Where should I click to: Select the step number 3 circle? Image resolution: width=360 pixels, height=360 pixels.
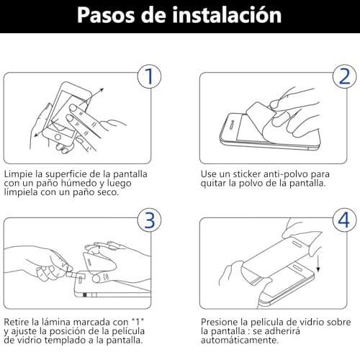(x=148, y=220)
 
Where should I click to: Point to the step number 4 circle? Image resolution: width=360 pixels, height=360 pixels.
(x=343, y=220)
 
